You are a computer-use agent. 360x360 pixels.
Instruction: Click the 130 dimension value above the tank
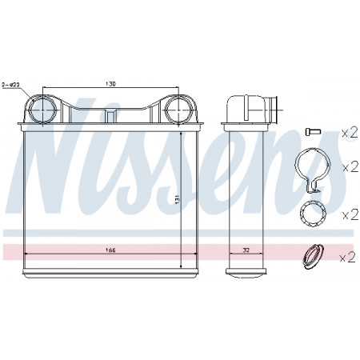click(x=110, y=84)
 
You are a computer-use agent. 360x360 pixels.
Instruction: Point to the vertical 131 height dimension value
click(x=178, y=199)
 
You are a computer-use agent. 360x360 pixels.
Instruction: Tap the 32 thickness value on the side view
click(x=246, y=250)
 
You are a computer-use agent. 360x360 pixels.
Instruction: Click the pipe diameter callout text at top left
click(x=10, y=85)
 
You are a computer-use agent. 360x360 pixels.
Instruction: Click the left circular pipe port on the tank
click(x=42, y=110)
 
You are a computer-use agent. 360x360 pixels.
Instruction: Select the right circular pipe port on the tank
click(x=179, y=110)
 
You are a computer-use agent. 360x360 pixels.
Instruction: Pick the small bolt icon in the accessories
click(x=313, y=131)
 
